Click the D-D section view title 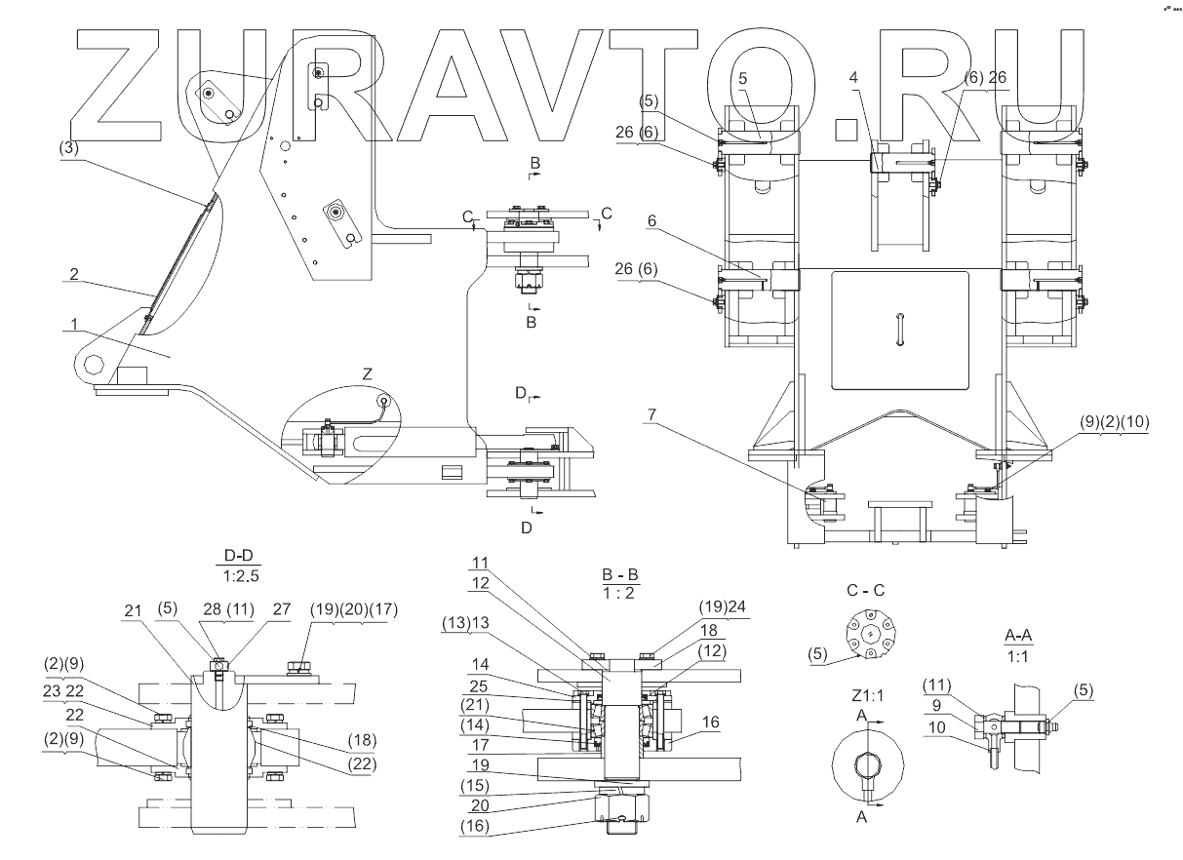[x=239, y=555]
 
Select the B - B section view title [x=620, y=574]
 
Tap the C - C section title [x=865, y=590]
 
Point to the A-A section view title [x=1018, y=635]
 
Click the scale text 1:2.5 [x=241, y=576]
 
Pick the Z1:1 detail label [x=867, y=696]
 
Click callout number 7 [x=651, y=414]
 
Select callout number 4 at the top [x=853, y=78]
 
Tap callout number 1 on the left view [x=74, y=324]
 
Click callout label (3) [x=68, y=148]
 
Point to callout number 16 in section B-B [x=710, y=722]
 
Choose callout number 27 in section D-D [x=282, y=609]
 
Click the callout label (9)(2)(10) [x=1114, y=422]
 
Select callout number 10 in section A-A [x=936, y=727]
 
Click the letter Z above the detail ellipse [x=368, y=374]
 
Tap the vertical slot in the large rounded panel [x=899, y=330]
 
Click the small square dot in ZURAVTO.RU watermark [x=847, y=130]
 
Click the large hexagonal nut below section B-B [x=622, y=806]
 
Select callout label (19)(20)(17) [x=354, y=609]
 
